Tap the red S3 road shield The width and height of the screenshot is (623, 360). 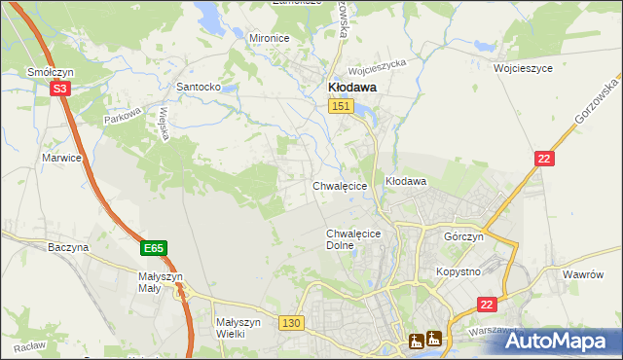point(60,88)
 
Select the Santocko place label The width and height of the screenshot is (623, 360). point(197,87)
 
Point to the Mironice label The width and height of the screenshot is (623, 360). point(270,38)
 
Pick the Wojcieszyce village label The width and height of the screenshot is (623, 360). point(523,69)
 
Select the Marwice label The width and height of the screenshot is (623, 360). point(60,157)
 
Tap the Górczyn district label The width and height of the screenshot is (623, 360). point(463,237)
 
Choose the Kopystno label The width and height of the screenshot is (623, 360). point(458,271)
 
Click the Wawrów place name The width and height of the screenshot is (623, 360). point(584,274)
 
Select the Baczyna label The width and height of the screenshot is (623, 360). point(68,247)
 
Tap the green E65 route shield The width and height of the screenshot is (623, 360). point(153,249)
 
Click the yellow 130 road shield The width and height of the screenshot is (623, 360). point(290,322)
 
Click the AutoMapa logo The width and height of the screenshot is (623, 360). point(560,341)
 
